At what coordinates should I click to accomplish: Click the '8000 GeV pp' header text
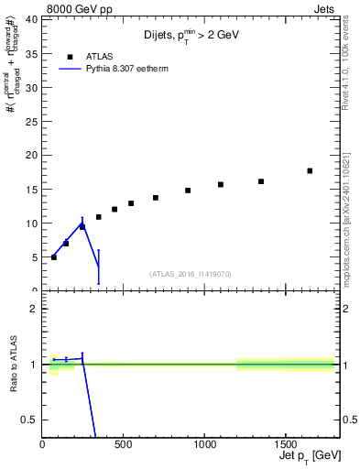74,8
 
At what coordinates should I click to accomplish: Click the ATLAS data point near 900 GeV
188,191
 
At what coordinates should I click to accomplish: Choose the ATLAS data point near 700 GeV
156,198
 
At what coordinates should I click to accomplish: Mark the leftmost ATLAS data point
54,257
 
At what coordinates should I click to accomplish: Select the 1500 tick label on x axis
285,447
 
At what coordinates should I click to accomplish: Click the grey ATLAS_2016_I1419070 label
191,274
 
